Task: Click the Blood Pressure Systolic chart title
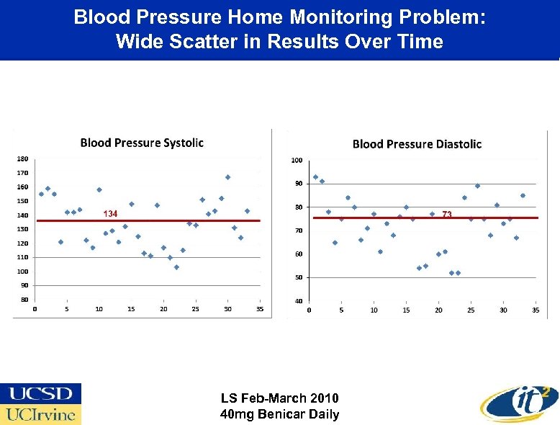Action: (142, 143)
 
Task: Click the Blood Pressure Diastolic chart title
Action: (417, 144)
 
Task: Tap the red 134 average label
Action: (110, 214)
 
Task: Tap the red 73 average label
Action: (447, 214)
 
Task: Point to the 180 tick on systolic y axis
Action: (22, 158)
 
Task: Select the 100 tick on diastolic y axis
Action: (297, 160)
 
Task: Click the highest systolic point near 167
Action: (227, 176)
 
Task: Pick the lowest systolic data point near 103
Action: (176, 267)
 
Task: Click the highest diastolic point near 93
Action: (315, 176)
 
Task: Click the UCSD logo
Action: (41, 393)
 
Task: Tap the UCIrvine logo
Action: (41, 414)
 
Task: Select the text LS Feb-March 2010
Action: (279, 398)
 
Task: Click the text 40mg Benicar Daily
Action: (279, 414)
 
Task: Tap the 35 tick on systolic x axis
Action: (260, 309)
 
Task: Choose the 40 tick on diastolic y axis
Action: (297, 300)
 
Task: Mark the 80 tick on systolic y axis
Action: (24, 299)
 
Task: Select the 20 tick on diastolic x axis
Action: (438, 310)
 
